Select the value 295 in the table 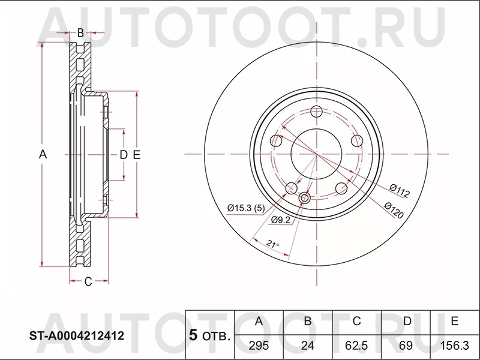point(259,346)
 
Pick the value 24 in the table point(307,346)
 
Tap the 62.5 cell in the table point(356,346)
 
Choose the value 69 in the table point(406,346)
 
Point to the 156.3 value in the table point(455,346)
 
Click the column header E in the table point(455,322)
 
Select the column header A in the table point(259,322)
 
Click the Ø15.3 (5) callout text point(246,208)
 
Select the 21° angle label point(273,244)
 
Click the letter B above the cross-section point(80,32)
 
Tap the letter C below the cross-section point(88,281)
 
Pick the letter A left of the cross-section point(43,154)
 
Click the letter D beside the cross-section point(122,155)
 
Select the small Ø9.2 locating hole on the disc point(304,198)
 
